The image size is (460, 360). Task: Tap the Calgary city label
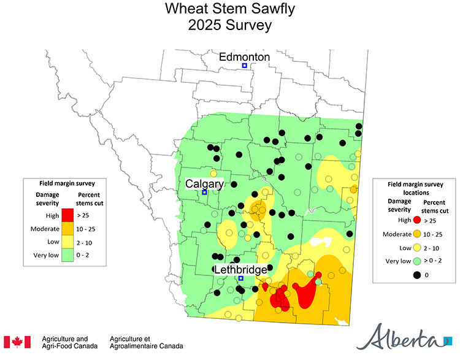click(205, 184)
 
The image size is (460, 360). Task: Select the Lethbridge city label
click(240, 269)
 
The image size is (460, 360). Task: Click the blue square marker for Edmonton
click(244, 66)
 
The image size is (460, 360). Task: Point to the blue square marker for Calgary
click(204, 193)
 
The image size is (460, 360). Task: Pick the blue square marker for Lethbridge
click(241, 278)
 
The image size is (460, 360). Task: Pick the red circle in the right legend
click(417, 220)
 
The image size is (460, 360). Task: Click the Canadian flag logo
click(17, 342)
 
